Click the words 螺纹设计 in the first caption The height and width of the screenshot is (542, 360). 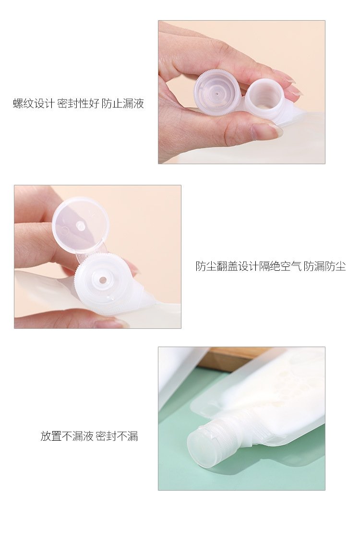34,103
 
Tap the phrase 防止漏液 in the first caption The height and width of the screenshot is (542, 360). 123,103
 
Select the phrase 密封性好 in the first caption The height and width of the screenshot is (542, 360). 78,103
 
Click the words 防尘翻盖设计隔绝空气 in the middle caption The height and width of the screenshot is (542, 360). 249,266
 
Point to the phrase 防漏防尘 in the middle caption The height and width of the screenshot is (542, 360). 325,266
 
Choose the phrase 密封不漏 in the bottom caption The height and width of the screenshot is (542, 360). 117,436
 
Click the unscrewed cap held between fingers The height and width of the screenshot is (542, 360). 216,92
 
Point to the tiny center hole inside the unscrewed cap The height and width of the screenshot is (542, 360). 216,93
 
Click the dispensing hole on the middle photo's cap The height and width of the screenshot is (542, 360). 103,280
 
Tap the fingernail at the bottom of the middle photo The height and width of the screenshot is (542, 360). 110,323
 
